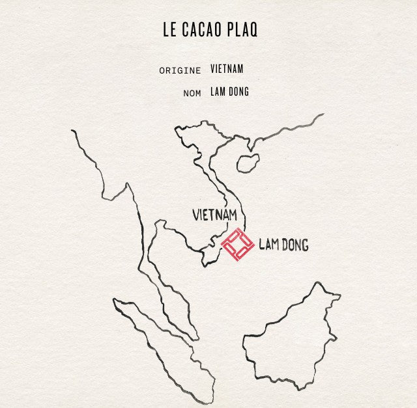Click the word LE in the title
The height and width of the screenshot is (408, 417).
[169, 30]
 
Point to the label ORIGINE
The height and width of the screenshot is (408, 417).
[180, 70]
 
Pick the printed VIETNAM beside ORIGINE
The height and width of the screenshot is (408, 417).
[227, 69]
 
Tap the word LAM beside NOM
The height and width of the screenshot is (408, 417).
[218, 92]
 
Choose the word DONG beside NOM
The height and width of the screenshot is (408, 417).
[238, 92]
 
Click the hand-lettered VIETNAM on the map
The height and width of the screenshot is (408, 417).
[214, 214]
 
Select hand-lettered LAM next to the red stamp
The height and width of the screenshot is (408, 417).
[267, 245]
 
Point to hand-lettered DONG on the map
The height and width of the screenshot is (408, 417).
[294, 245]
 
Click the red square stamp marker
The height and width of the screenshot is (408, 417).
[238, 245]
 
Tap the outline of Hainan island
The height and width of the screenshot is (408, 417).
[248, 163]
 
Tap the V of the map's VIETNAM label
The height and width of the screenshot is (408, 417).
[197, 214]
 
